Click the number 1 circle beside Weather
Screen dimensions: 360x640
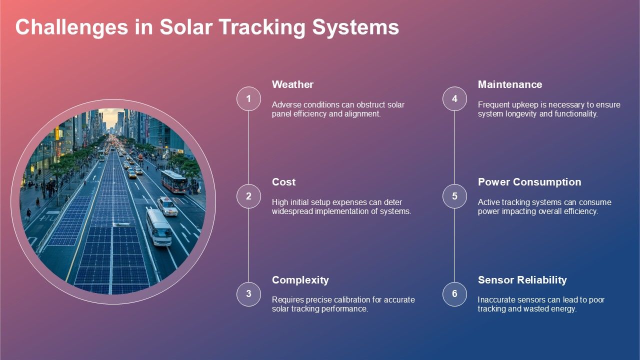[248, 98]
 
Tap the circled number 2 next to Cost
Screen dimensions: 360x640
[248, 196]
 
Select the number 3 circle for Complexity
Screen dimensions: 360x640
[248, 294]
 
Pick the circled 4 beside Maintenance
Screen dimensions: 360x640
[454, 98]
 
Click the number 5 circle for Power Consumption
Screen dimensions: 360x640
[454, 196]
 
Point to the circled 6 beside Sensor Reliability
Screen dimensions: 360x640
[454, 294]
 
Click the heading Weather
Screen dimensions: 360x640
[292, 84]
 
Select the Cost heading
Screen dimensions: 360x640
[283, 182]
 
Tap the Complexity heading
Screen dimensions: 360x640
[300, 280]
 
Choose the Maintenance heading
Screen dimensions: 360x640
[509, 84]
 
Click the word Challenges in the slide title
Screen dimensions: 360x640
[70, 27]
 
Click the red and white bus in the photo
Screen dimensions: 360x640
[174, 181]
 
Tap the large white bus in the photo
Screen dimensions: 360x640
[158, 227]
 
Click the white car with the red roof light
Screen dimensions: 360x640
[167, 206]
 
